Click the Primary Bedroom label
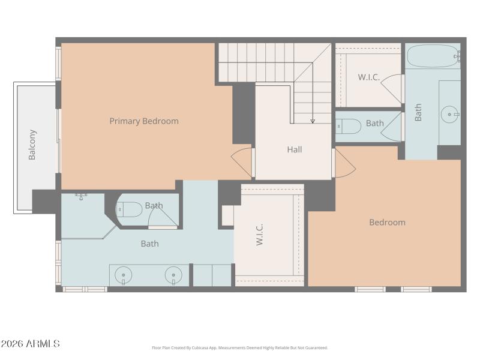tap(144, 121)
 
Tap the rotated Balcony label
tap(32, 145)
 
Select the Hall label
tap(294, 149)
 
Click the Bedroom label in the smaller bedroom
tap(387, 223)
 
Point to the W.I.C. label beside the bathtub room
tap(368, 77)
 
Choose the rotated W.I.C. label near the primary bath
tap(260, 235)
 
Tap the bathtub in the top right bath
tap(433, 56)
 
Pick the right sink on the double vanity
tap(172, 275)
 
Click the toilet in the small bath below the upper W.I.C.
tap(349, 126)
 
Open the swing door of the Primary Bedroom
tap(242, 163)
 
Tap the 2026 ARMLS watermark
tap(30, 344)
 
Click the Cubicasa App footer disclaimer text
tap(240, 347)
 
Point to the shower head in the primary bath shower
tap(81, 196)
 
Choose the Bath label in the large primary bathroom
tap(149, 244)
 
